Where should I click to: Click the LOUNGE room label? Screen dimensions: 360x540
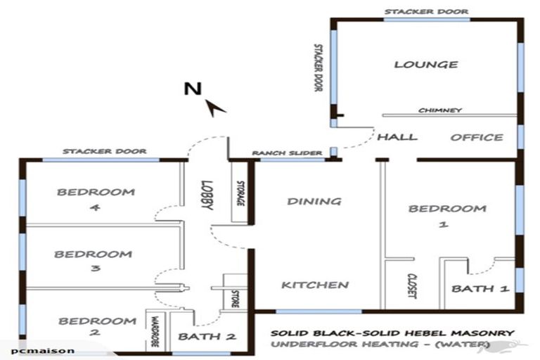pos(425,65)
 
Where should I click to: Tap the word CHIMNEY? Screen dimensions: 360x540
pos(439,110)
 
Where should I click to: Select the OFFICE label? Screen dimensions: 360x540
pos(477,137)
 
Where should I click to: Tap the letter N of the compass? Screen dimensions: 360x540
pos(189,89)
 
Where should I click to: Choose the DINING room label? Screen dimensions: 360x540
pos(314,202)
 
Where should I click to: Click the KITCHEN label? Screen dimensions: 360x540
pos(315,285)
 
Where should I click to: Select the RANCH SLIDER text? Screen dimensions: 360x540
pos(287,153)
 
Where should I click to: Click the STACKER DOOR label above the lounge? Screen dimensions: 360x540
pos(426,12)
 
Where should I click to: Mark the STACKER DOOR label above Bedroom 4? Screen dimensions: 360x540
pos(104,151)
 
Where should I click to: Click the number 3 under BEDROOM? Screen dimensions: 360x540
pos(94,269)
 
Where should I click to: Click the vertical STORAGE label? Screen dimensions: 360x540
pos(240,193)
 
